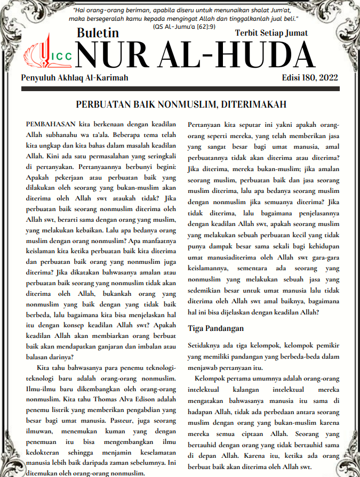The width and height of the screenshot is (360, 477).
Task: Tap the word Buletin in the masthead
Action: point(98,33)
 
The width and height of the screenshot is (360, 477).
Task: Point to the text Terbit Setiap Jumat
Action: point(271,33)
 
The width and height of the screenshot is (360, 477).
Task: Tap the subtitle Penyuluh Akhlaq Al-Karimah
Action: point(74,78)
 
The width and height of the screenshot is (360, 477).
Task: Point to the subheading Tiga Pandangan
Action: point(215,328)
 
